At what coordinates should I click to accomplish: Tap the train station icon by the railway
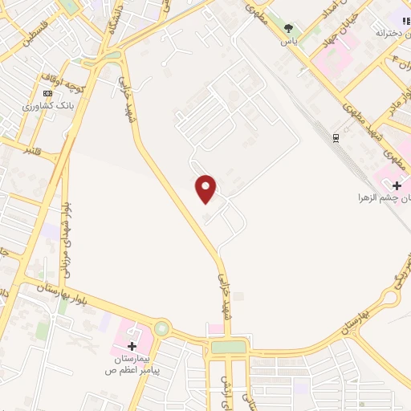pyautogui.click(x=336, y=137)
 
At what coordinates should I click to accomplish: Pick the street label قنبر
pyautogui.click(x=31, y=149)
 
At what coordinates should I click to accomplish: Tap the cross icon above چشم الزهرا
pyautogui.click(x=397, y=185)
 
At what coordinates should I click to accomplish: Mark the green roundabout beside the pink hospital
pyautogui.click(x=162, y=328)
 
